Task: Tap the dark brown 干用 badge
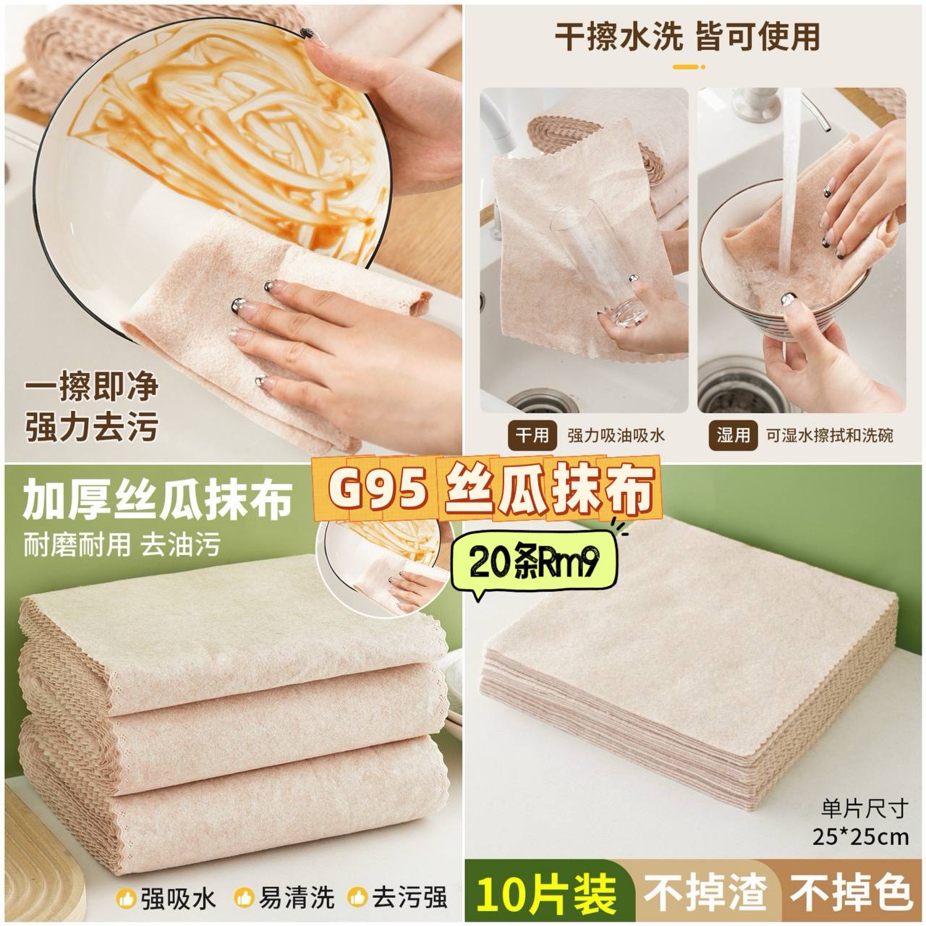click(x=532, y=435)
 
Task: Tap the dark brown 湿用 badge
click(x=733, y=435)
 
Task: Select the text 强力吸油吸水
click(x=616, y=436)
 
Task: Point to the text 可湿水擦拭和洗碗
click(x=829, y=436)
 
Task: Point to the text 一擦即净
click(x=92, y=386)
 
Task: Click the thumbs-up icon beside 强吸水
click(x=127, y=896)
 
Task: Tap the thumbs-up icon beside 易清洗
click(x=244, y=896)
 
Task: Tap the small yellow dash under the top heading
click(x=688, y=67)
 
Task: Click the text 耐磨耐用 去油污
click(x=122, y=545)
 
